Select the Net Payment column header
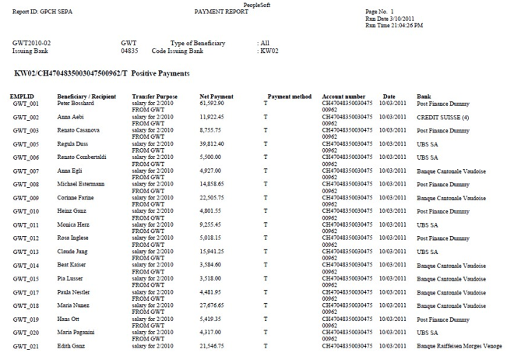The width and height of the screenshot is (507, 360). pyautogui.click(x=216, y=97)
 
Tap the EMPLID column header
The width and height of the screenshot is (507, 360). pyautogui.click(x=23, y=97)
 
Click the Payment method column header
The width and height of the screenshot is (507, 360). pyautogui.click(x=289, y=97)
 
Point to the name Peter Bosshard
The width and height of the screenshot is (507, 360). pyautogui.click(x=76, y=103)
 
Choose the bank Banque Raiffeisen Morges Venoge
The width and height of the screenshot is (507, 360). pyautogui.click(x=459, y=346)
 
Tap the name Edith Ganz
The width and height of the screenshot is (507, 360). pyautogui.click(x=74, y=346)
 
